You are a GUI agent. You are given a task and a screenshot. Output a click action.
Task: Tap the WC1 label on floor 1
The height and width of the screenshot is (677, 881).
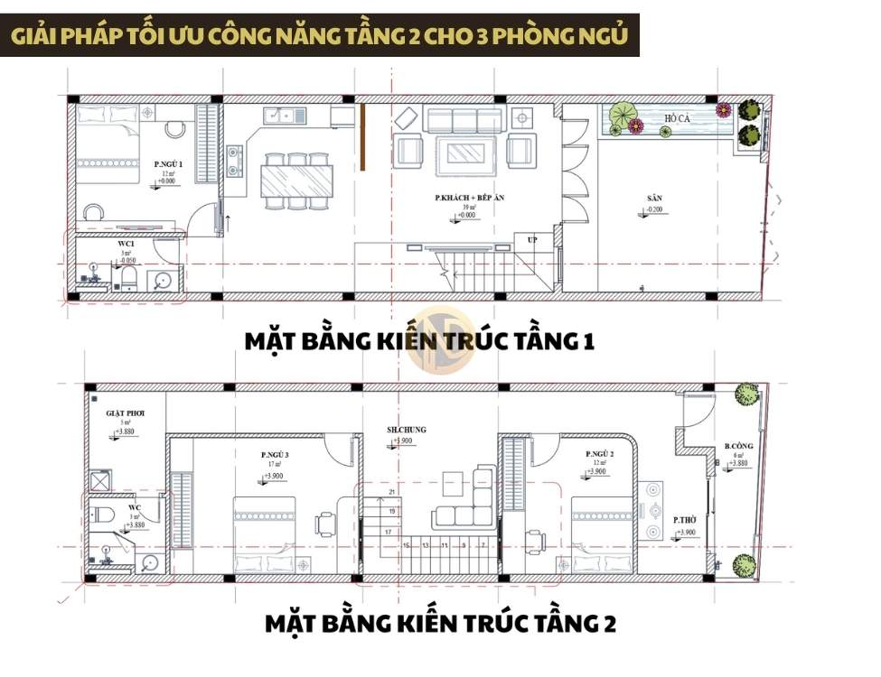tap(127, 243)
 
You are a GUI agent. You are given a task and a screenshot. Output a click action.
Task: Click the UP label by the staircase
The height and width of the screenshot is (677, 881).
tap(531, 239)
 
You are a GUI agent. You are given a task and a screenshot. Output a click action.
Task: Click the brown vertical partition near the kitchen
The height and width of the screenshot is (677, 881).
tap(362, 135)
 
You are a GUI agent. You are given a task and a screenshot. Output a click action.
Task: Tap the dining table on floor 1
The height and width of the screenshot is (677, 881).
tap(295, 180)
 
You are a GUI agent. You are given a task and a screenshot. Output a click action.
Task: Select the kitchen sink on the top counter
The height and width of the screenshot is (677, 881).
tap(282, 115)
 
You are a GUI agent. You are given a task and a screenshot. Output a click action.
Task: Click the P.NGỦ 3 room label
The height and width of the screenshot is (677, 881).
tap(276, 455)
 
